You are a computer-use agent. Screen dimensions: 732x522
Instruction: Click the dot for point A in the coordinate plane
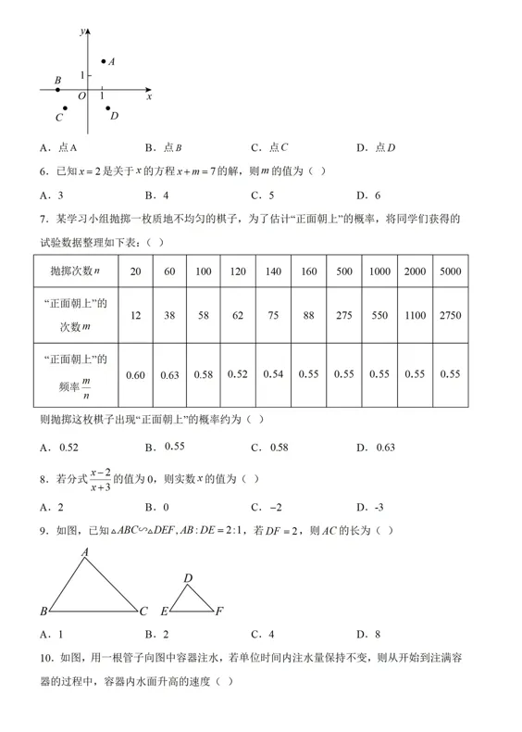(104, 60)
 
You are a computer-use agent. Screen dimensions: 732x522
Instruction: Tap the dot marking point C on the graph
(65, 108)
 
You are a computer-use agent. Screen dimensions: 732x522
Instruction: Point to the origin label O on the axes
(81, 96)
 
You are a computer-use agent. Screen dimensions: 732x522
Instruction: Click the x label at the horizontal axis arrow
(149, 96)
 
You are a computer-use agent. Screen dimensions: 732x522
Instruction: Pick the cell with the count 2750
(450, 315)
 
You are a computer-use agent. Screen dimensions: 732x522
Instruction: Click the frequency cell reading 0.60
(135, 374)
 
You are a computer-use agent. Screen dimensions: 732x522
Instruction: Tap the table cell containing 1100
(415, 315)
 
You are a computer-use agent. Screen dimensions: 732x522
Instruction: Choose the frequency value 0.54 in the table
(273, 374)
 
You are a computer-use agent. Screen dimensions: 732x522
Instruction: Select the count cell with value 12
(135, 315)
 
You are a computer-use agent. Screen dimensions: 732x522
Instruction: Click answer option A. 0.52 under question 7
(59, 447)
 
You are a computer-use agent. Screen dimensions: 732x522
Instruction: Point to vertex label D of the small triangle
(188, 578)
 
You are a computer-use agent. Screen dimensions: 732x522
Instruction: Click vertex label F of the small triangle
(218, 612)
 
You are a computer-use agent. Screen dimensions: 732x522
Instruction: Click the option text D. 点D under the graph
(376, 146)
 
